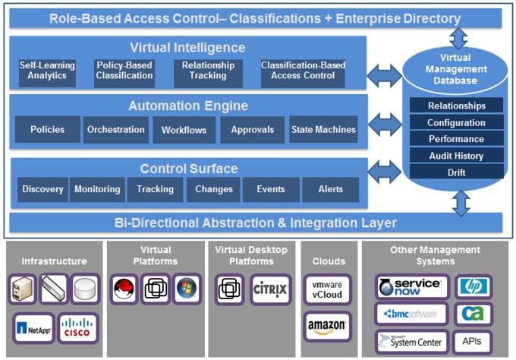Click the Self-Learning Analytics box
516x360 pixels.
(47, 73)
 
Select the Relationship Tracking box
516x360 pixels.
(208, 74)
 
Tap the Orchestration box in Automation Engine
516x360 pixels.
(116, 129)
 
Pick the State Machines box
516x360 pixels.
(323, 129)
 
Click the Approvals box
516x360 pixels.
(253, 130)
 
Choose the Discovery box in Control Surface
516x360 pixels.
(42, 189)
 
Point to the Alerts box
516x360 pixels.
(330, 189)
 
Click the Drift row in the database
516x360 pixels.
(457, 172)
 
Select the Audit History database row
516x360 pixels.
(457, 156)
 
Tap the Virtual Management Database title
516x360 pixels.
(456, 69)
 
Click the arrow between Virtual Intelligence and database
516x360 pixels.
(385, 76)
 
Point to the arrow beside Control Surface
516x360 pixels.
(385, 172)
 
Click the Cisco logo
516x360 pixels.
(77, 328)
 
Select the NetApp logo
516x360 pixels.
(33, 328)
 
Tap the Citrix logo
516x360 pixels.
(270, 289)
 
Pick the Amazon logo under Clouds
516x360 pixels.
(327, 327)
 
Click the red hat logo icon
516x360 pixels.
(124, 289)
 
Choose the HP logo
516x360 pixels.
(473, 286)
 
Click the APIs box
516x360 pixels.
(472, 341)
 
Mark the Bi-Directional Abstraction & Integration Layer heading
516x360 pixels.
(256, 223)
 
